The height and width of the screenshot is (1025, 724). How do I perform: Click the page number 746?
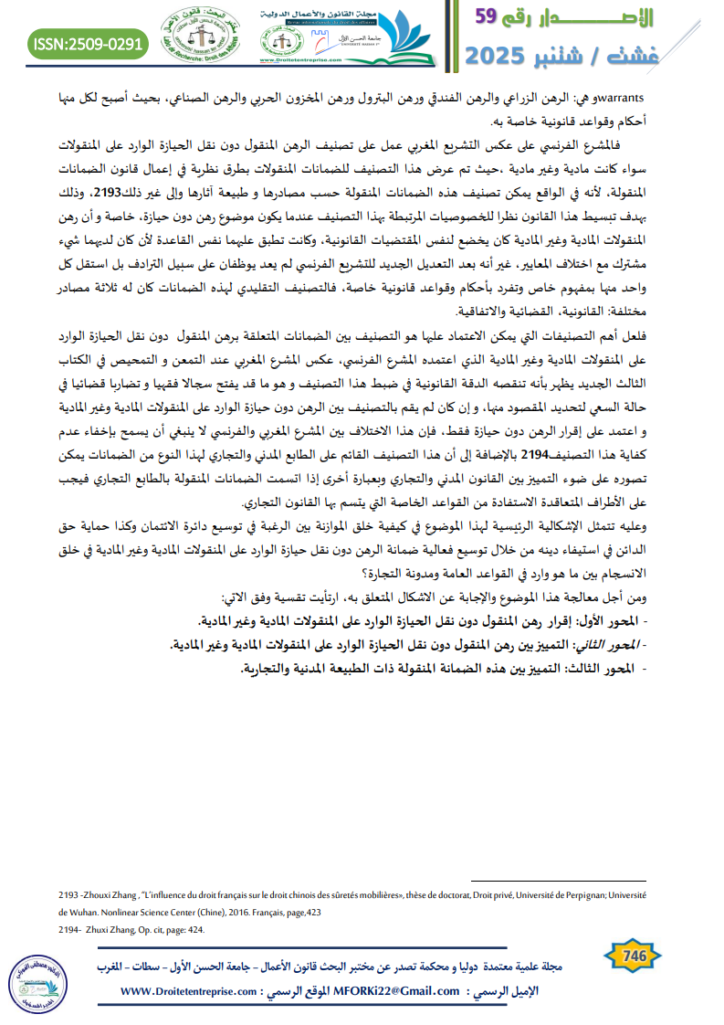tap(635, 956)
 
